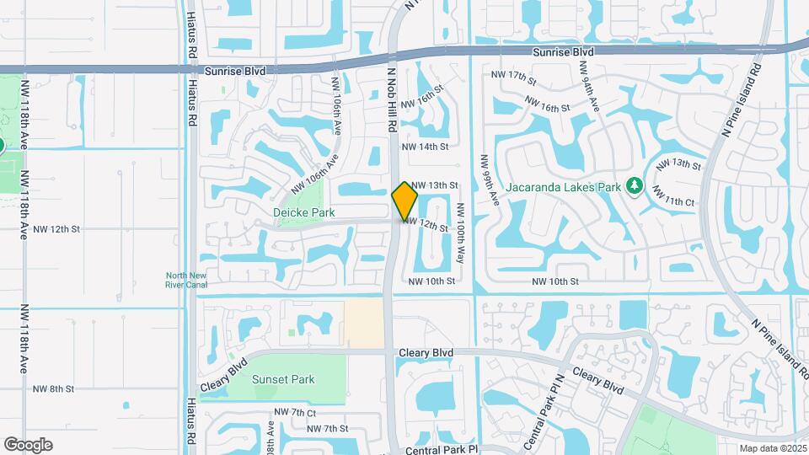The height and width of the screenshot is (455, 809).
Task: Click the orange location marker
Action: click(405, 201)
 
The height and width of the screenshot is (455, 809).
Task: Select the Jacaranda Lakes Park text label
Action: click(564, 186)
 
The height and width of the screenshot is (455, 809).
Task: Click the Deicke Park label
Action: click(304, 212)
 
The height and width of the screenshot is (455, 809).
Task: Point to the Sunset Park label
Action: click(283, 379)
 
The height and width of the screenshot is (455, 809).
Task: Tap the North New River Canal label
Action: click(186, 280)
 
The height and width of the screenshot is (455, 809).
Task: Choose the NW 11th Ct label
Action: click(678, 201)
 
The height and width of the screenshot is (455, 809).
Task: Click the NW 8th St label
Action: click(54, 388)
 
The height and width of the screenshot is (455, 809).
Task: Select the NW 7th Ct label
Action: click(295, 413)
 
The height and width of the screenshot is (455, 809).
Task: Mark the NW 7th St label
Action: click(328, 429)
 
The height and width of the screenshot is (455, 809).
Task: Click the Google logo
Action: click(28, 445)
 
